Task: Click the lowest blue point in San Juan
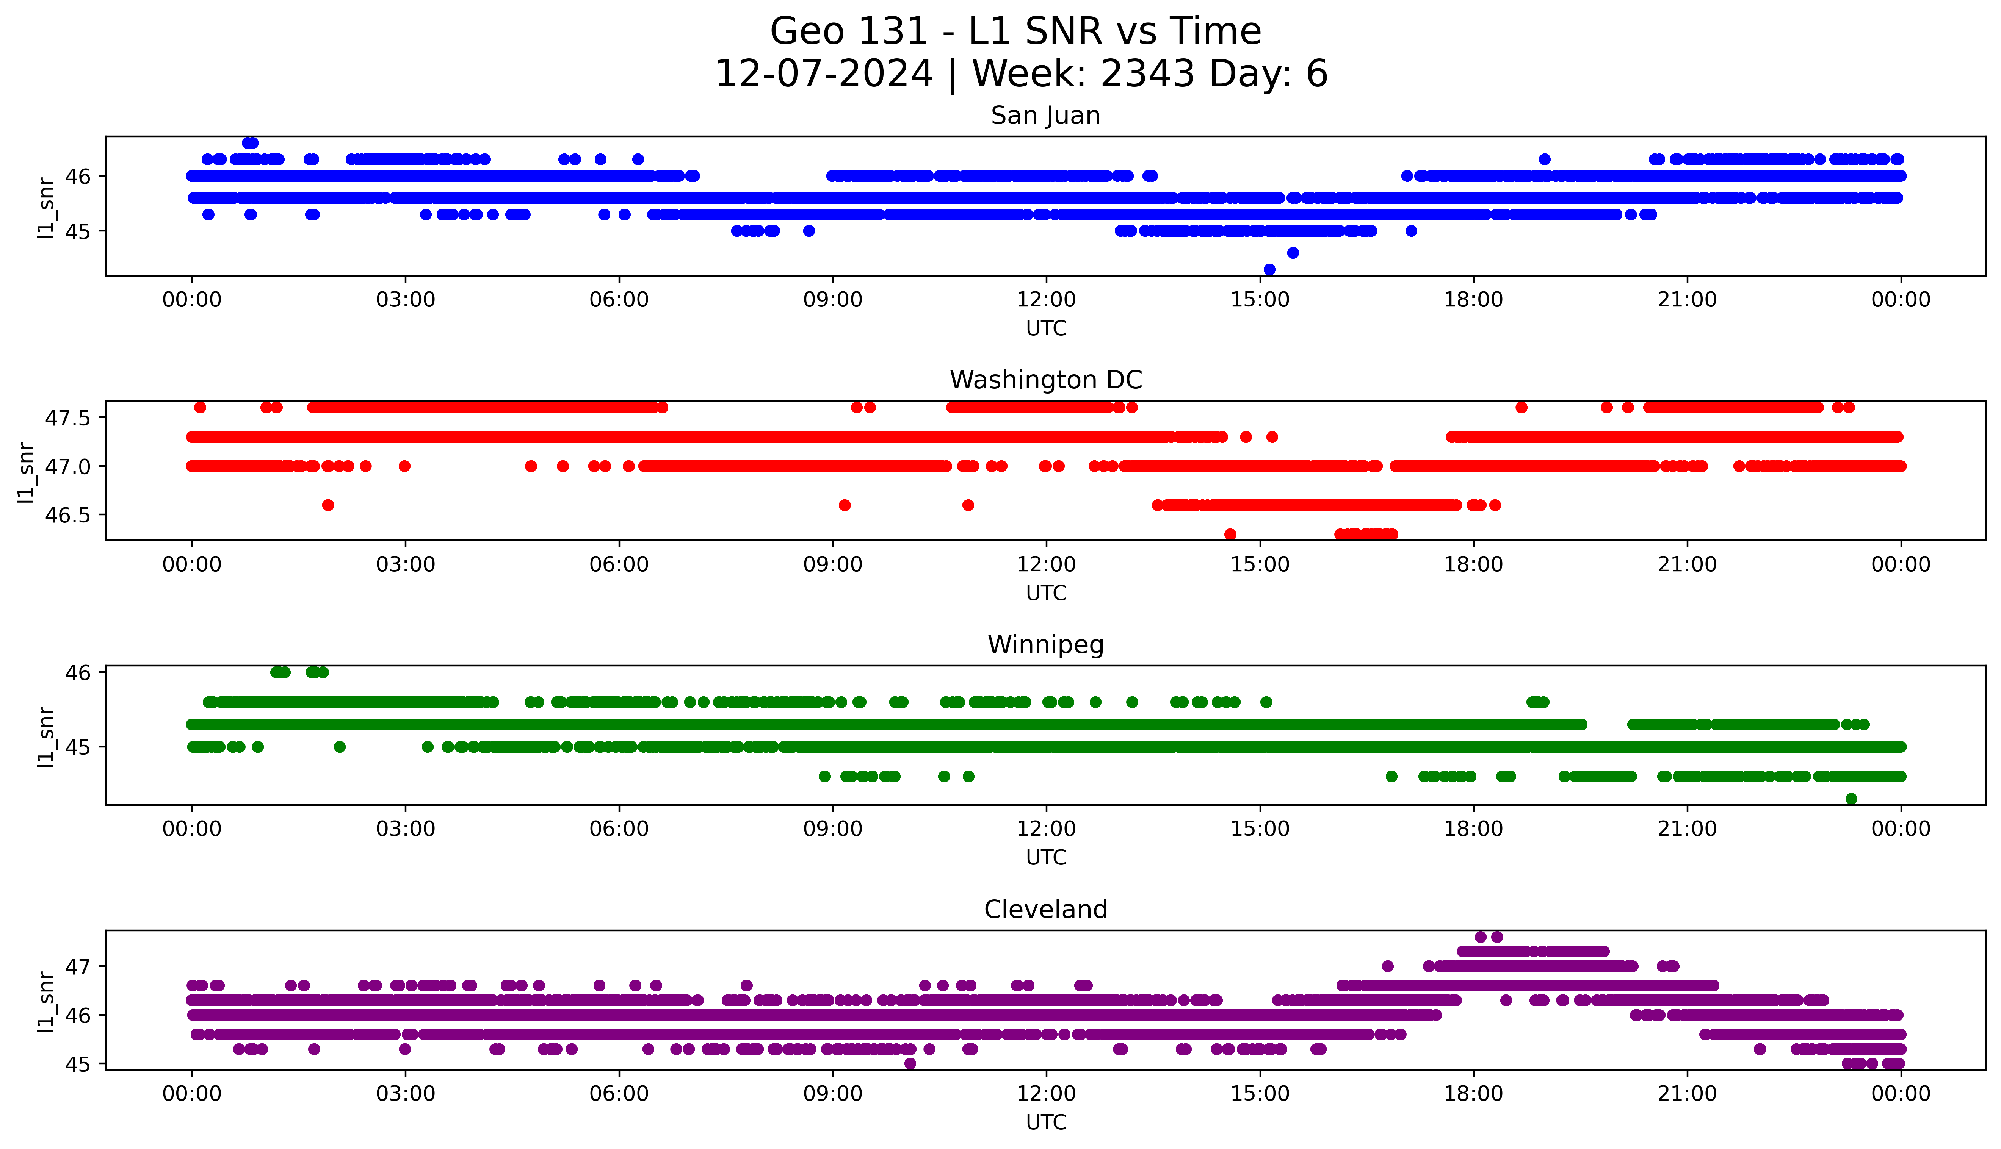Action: tap(1269, 270)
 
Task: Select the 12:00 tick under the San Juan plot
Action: tap(1046, 300)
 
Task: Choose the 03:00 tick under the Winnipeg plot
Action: tap(406, 829)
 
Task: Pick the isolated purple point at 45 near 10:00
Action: tap(910, 1064)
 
